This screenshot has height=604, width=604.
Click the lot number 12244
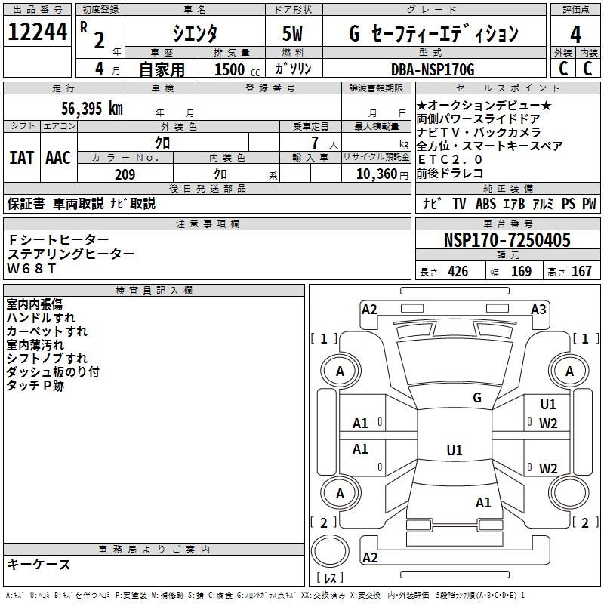point(37,33)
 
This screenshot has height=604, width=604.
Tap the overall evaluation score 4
point(575,34)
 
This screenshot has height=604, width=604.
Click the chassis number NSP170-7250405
point(507,241)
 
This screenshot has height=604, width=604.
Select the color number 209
point(125,174)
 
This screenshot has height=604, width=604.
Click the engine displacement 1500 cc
point(234,69)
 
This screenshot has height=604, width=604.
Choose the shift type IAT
point(21,158)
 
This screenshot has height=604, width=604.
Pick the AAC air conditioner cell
point(58,158)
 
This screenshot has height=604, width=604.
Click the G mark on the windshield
point(476,398)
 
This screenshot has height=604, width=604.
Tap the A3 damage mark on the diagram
point(538,309)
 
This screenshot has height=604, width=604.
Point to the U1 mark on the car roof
point(454,451)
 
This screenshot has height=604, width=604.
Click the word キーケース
point(39,565)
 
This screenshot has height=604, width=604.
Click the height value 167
point(581,272)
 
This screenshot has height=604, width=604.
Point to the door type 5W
point(293,34)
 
